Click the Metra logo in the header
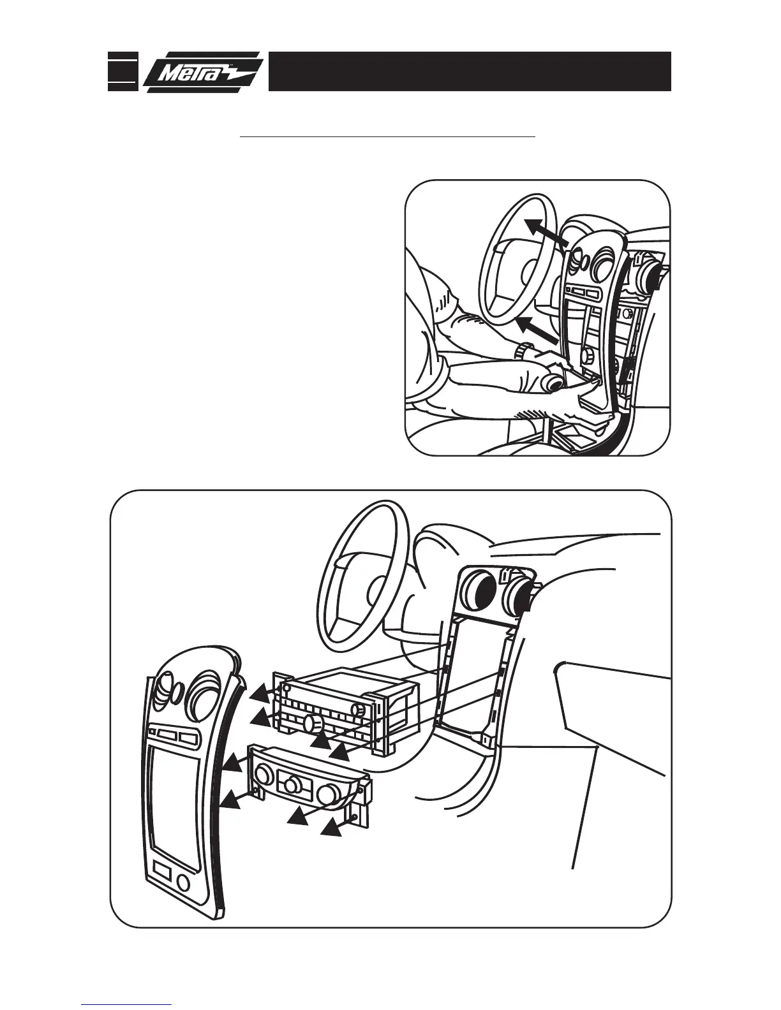pos(202,72)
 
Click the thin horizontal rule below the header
pos(387,136)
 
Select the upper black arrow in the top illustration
pos(547,233)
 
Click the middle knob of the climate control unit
pos(293,784)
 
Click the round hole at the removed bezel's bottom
pos(184,883)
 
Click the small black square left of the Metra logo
pos(122,71)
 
